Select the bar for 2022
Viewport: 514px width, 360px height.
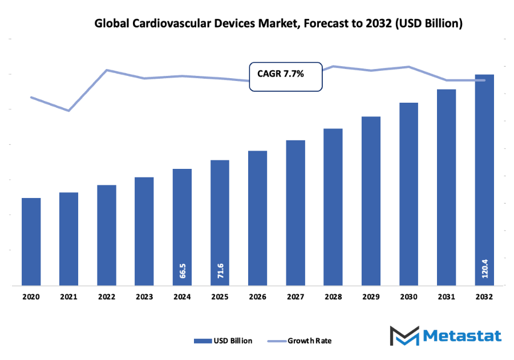tap(107, 235)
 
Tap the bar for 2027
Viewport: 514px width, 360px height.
tap(296, 212)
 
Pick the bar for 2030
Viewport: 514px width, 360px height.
tap(408, 194)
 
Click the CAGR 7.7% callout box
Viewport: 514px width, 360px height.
tap(286, 76)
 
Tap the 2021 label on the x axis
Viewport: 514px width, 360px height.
tap(69, 297)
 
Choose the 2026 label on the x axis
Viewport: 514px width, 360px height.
tap(258, 297)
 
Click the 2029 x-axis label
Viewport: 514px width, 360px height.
tap(371, 297)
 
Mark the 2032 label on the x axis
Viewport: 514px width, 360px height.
tap(484, 297)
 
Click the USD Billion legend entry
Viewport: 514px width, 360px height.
tap(223, 341)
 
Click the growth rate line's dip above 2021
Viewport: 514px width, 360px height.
tap(69, 111)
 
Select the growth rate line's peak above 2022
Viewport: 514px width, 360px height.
tap(107, 70)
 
